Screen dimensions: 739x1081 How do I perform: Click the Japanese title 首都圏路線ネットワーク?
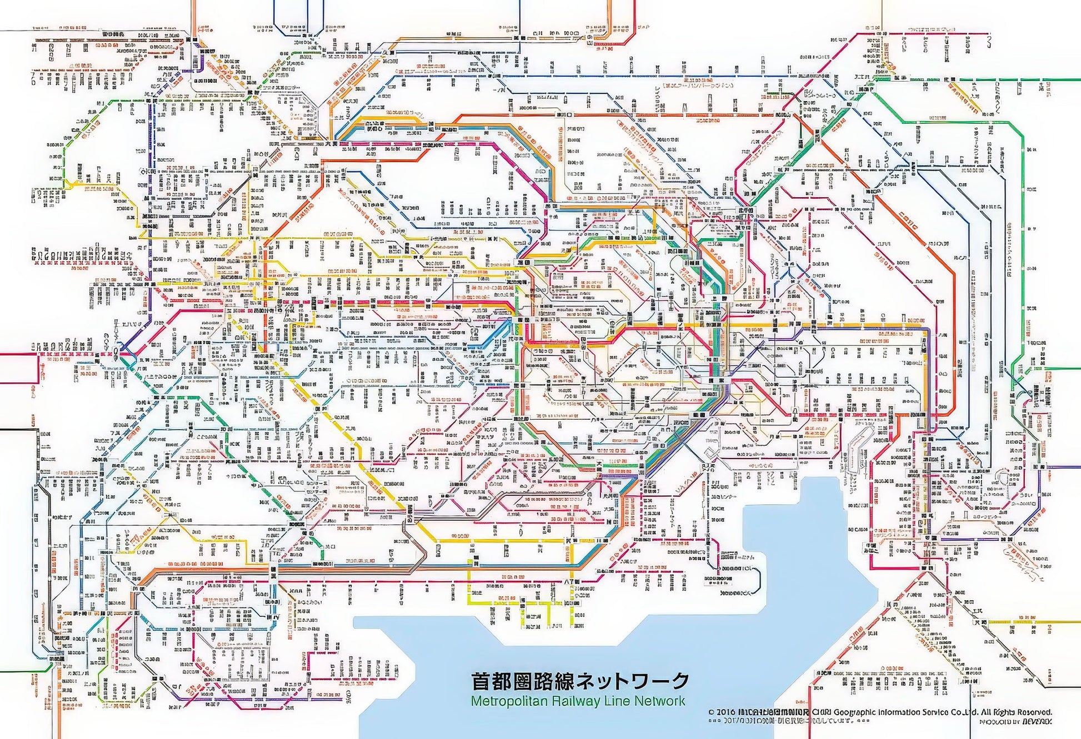click(x=580, y=681)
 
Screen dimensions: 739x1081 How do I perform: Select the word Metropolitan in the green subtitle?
click(x=499, y=701)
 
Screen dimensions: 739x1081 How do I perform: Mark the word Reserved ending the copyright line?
click(x=1036, y=712)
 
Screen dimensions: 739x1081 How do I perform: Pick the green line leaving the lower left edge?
click(x=22, y=671)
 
